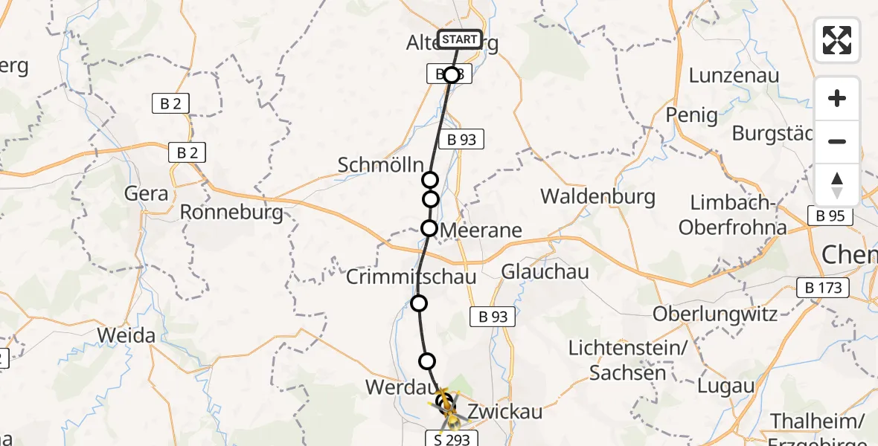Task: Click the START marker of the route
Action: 460,39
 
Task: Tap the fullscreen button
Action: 837,40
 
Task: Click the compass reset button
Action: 837,185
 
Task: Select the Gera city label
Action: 147,193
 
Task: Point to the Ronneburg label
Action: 231,213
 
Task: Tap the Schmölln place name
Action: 380,165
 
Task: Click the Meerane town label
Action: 481,230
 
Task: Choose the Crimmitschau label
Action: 411,277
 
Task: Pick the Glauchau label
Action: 545,271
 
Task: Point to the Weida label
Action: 126,335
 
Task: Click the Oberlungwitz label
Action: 715,314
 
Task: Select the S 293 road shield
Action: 447,439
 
